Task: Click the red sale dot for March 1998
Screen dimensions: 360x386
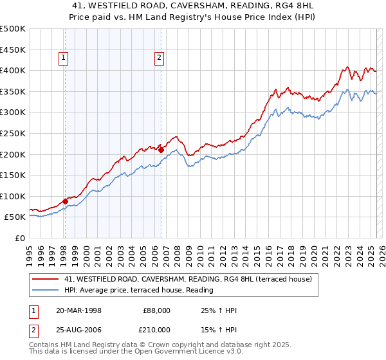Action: point(66,201)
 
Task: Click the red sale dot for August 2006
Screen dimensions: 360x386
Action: point(161,150)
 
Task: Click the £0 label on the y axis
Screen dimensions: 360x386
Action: point(21,238)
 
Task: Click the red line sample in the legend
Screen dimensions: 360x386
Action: point(46,279)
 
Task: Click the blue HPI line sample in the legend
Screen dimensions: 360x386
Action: point(46,290)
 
